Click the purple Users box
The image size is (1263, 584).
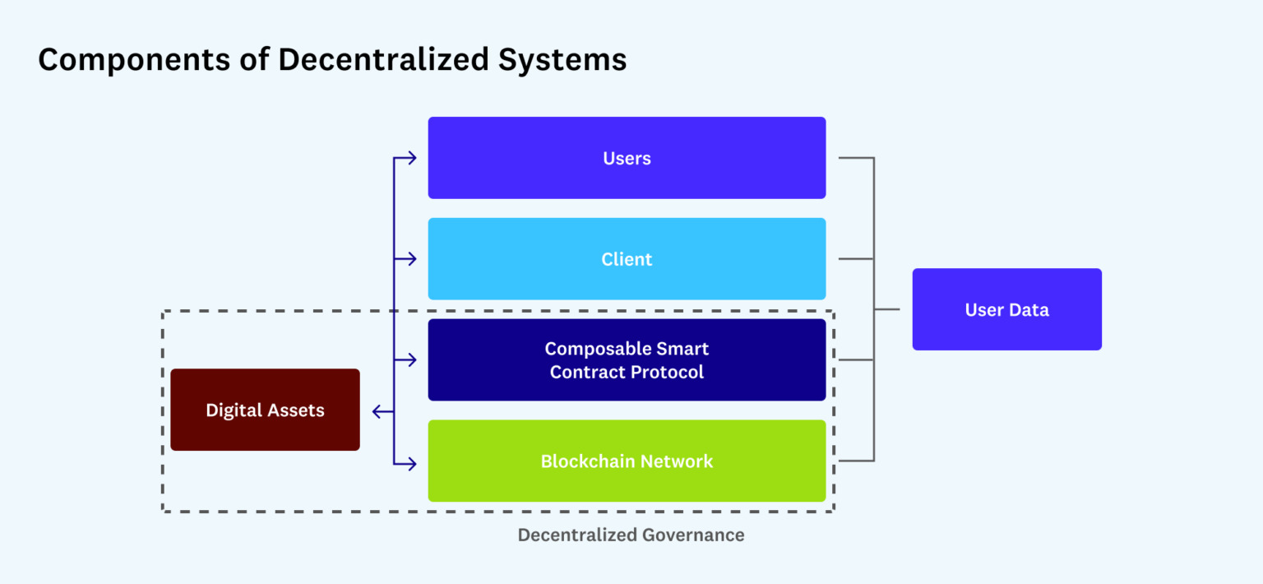[627, 158]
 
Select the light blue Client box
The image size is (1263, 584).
[627, 259]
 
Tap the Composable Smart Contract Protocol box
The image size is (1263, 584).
[627, 360]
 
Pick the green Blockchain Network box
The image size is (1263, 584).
[627, 461]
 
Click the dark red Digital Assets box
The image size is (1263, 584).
[265, 410]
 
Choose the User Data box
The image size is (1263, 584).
[1006, 309]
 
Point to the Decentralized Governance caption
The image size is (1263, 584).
[631, 535]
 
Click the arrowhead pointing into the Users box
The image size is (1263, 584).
[411, 158]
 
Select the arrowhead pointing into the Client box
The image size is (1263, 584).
[411, 259]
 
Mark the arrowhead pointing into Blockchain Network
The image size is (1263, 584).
[411, 464]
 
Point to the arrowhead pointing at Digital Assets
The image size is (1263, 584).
[377, 411]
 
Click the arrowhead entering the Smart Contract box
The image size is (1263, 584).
[411, 360]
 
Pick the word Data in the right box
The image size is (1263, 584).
[1031, 309]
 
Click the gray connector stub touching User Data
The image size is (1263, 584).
[887, 309]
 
